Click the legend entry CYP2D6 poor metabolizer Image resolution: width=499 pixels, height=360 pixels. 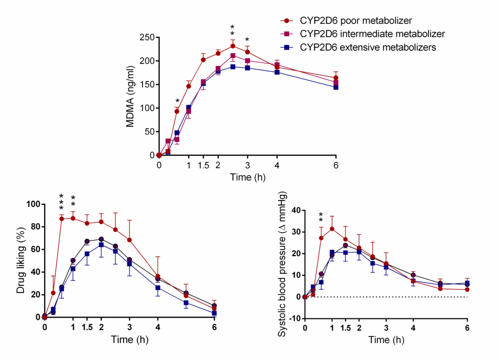(x=356, y=21)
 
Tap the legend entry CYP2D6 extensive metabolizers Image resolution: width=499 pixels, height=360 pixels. (x=367, y=47)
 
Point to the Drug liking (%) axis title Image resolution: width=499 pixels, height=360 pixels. (x=21, y=260)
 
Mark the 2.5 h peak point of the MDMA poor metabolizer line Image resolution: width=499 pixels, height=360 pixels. (x=232, y=46)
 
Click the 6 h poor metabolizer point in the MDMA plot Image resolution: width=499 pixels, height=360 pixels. (x=336, y=78)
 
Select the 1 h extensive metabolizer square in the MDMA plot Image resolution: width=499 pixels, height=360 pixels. (x=188, y=108)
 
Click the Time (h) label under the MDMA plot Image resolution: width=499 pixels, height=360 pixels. (x=247, y=177)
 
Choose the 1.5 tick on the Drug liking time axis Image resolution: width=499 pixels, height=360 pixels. (x=87, y=327)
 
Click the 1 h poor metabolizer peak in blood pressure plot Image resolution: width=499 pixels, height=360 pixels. (x=332, y=229)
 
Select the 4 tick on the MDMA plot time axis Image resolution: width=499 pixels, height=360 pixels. (x=277, y=164)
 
